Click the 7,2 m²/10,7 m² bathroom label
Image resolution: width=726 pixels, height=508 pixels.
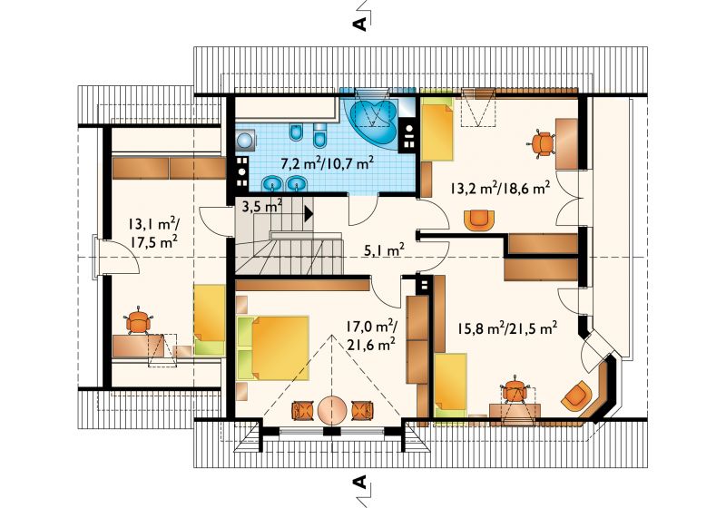(328, 163)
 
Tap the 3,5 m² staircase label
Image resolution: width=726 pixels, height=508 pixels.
(262, 205)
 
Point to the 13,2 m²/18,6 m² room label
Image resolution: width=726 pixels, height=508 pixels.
(499, 188)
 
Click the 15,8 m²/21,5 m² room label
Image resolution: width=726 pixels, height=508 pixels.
(507, 328)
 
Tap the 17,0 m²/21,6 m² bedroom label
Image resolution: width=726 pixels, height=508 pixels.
(370, 335)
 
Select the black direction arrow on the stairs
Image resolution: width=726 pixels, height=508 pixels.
(309, 214)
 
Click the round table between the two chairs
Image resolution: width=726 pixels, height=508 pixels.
(332, 409)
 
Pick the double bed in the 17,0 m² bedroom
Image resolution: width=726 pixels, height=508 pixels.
(273, 348)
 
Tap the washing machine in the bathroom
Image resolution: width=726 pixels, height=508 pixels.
(244, 140)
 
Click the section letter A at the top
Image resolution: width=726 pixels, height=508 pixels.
(360, 24)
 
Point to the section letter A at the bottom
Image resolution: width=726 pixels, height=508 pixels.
(360, 482)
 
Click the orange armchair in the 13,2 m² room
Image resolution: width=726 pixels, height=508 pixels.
(479, 220)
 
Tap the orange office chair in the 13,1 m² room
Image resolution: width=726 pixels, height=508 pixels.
(139, 320)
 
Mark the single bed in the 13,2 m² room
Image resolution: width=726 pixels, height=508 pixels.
(437, 129)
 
